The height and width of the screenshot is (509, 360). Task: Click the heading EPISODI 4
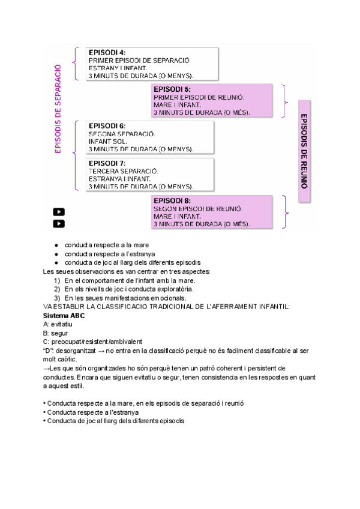107,52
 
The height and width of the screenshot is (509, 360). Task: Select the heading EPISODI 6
107,125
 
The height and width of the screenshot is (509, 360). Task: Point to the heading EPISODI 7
107,163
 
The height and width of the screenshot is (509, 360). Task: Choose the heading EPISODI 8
172,200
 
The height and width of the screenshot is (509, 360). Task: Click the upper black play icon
59,211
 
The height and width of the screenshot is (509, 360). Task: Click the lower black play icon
59,223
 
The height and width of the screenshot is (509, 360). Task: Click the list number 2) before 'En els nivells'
57,289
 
